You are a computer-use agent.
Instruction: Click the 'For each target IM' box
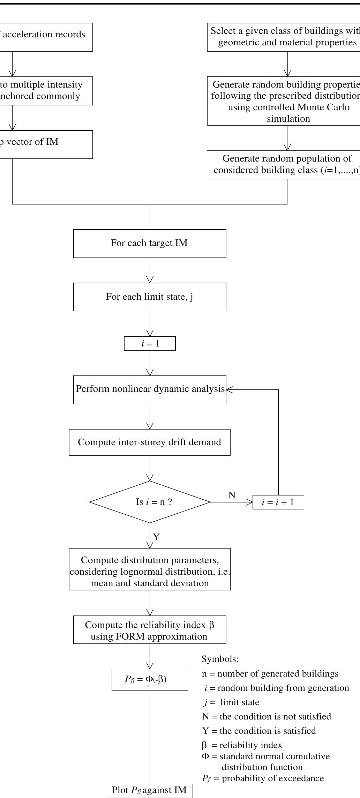point(150,243)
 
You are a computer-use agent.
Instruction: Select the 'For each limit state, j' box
point(150,297)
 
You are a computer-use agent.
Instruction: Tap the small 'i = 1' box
point(150,343)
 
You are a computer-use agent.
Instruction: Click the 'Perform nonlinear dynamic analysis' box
point(150,389)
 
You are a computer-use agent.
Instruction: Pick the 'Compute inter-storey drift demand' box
point(150,442)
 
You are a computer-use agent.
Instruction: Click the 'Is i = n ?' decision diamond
point(150,502)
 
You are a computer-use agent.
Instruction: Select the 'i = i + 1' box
point(278,502)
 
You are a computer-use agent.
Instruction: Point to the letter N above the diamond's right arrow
point(232,495)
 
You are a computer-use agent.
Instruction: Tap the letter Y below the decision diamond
point(156,537)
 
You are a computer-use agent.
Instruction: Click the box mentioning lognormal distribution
point(150,572)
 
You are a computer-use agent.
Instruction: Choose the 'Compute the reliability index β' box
point(150,631)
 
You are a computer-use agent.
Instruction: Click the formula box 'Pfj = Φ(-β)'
point(150,679)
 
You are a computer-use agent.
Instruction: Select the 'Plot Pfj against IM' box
point(149,790)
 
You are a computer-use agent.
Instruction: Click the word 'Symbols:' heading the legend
point(220,659)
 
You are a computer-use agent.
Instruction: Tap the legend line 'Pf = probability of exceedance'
point(263,778)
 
